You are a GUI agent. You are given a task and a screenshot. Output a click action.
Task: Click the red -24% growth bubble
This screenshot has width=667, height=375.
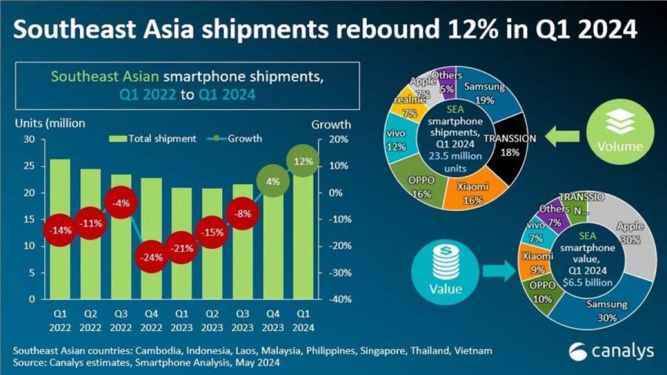(151, 258)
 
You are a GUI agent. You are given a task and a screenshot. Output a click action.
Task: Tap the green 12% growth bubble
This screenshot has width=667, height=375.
(303, 162)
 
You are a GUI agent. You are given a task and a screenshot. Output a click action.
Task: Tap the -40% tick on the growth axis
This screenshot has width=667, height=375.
(330, 299)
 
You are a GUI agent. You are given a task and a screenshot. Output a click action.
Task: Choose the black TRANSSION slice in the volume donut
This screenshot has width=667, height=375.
(513, 151)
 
